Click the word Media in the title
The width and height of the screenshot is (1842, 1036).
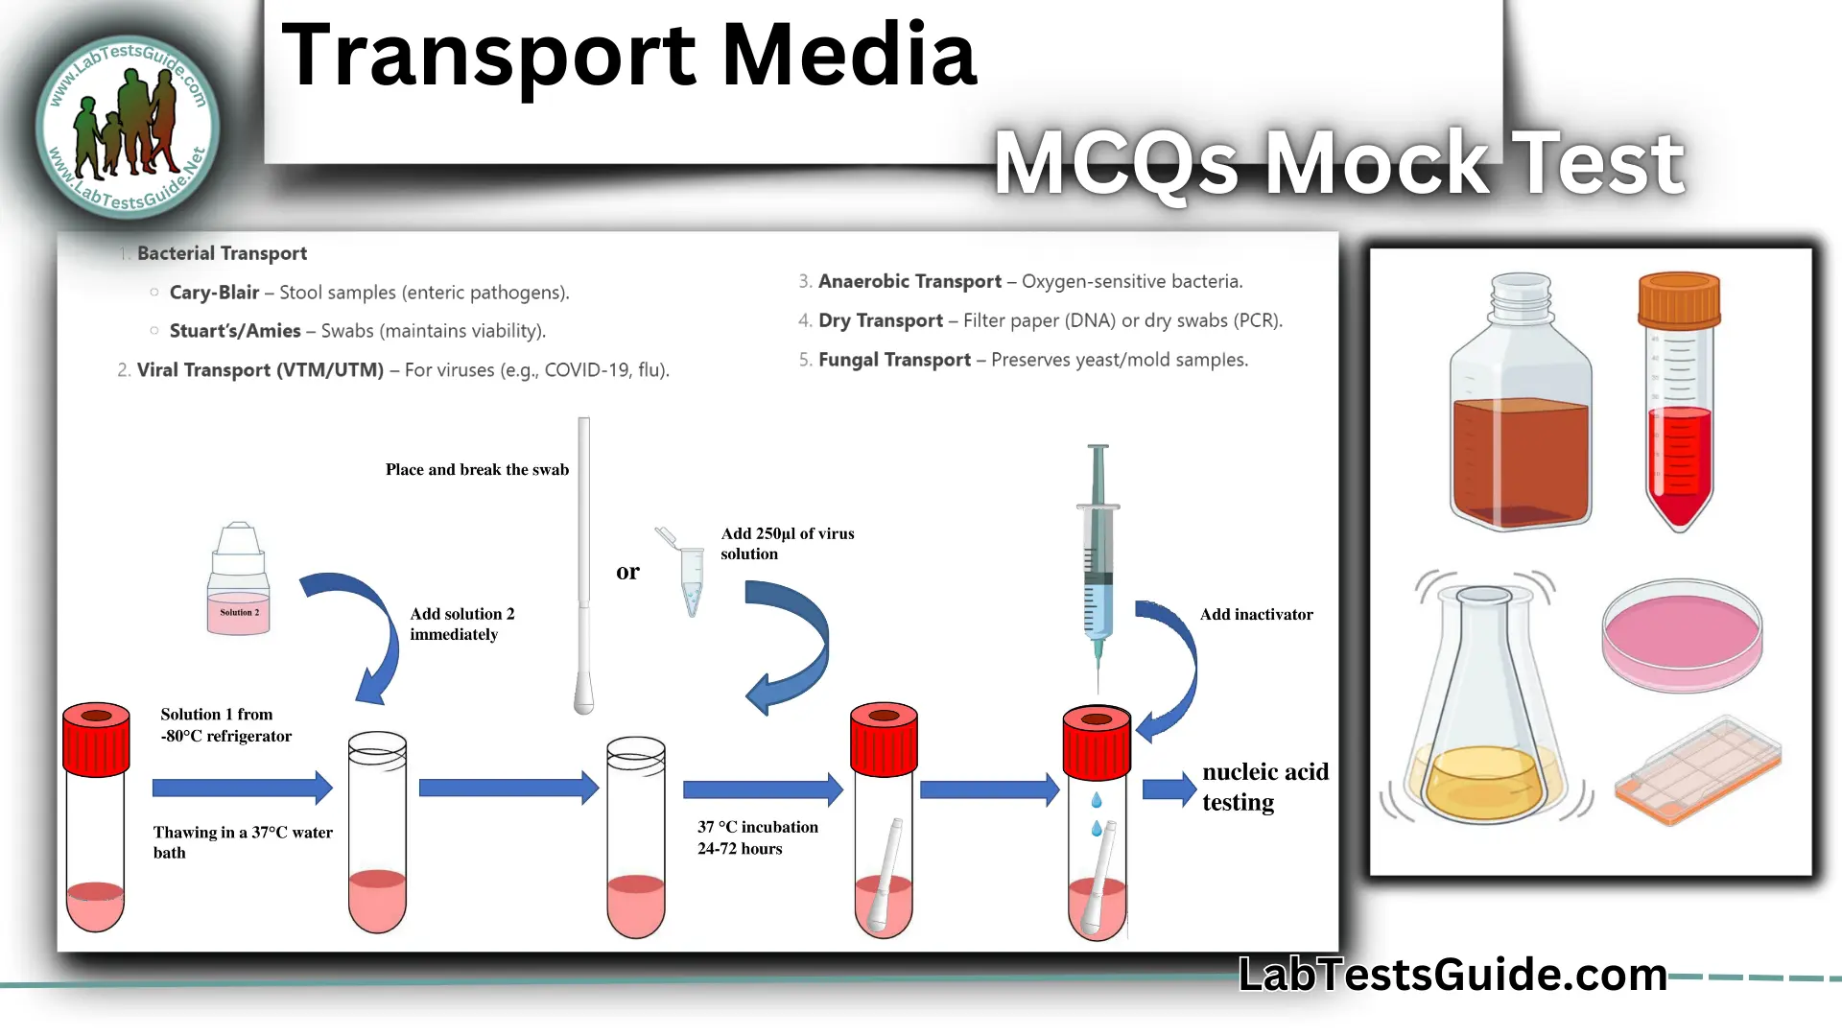(848, 56)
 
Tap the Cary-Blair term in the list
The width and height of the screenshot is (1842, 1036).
(214, 293)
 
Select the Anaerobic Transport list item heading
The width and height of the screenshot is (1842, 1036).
(909, 281)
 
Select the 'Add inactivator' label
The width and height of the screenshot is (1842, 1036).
(1256, 615)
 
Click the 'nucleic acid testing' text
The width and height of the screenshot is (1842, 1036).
(1264, 787)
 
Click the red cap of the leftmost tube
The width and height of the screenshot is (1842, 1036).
(96, 739)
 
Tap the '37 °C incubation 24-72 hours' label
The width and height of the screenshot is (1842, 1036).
(757, 837)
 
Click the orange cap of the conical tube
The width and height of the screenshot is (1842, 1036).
(1679, 300)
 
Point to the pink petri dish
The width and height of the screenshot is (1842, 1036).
(1682, 635)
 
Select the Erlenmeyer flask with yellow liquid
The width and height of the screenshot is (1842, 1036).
(1485, 710)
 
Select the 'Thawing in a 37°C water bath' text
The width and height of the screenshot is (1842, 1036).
(243, 842)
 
